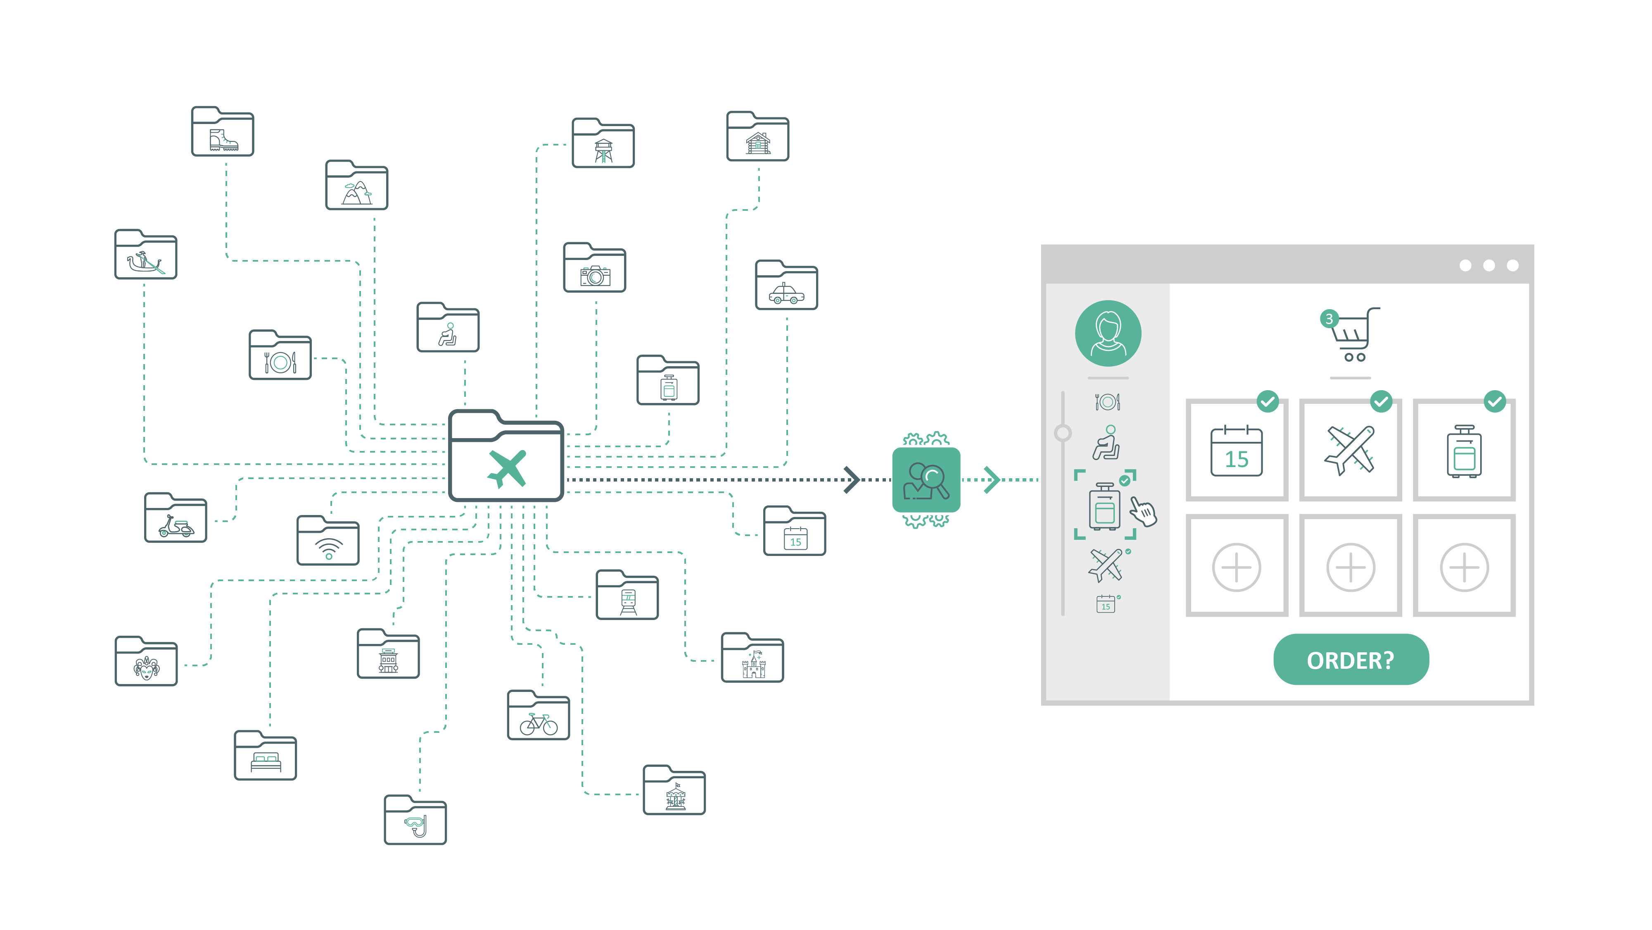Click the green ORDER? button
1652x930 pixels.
[1351, 659]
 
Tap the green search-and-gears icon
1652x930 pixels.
[926, 479]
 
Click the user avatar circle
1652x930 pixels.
[1108, 333]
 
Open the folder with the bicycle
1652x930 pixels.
[538, 716]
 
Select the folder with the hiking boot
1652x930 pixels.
[223, 132]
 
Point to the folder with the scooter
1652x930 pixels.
[175, 519]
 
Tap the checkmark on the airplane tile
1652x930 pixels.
[1381, 402]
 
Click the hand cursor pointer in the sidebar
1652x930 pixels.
[1143, 512]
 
